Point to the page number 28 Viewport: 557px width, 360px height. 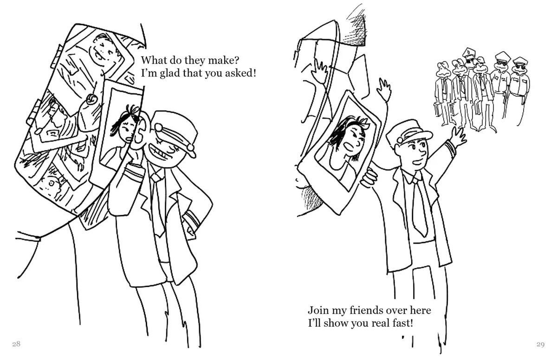[16, 344]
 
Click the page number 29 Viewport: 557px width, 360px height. [540, 344]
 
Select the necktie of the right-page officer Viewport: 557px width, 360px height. [420, 206]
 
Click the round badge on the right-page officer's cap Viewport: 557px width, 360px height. [400, 140]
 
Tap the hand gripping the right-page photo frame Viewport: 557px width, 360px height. [369, 178]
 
